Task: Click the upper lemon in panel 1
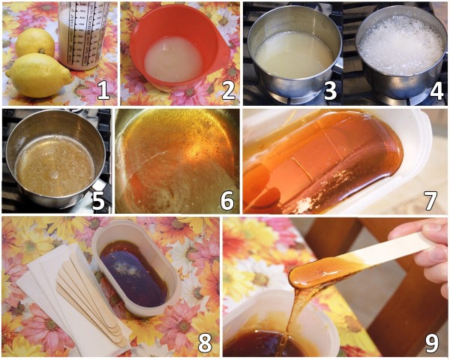(35, 43)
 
